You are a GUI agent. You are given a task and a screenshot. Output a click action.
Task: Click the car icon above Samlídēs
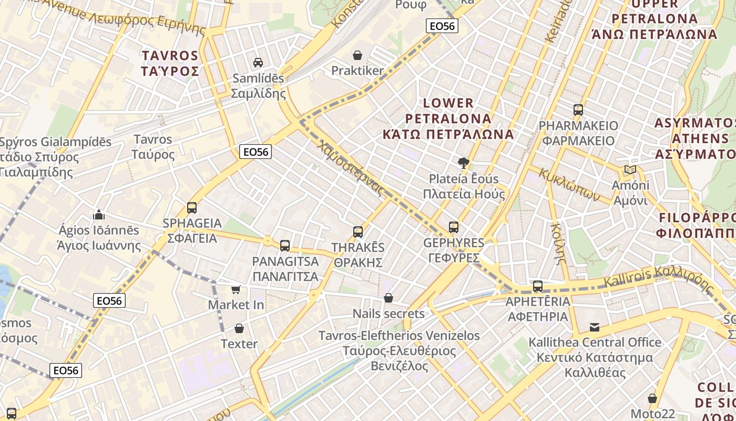pyautogui.click(x=258, y=63)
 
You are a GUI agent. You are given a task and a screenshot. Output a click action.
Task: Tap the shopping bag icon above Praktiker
pyautogui.click(x=357, y=55)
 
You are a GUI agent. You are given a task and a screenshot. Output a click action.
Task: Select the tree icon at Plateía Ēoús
pyautogui.click(x=463, y=163)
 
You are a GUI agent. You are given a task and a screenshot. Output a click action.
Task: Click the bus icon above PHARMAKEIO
pyautogui.click(x=578, y=110)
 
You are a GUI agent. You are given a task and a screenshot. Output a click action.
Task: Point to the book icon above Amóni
pyautogui.click(x=630, y=170)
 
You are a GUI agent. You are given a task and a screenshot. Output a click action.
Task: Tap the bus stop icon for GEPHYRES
pyautogui.click(x=454, y=227)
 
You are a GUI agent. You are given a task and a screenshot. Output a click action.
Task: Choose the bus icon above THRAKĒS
pyautogui.click(x=358, y=232)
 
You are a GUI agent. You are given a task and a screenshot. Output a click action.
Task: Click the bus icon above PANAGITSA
pyautogui.click(x=285, y=245)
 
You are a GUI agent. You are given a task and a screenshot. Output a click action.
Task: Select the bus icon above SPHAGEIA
pyautogui.click(x=192, y=208)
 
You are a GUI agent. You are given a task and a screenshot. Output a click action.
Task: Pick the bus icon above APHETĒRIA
pyautogui.click(x=537, y=286)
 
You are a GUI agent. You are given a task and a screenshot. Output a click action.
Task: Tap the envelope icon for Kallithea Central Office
pyautogui.click(x=595, y=327)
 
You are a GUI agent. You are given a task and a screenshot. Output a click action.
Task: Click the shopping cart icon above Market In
pyautogui.click(x=236, y=289)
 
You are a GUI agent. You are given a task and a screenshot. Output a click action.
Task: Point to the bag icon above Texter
pyautogui.click(x=239, y=329)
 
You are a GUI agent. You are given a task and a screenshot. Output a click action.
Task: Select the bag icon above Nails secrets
pyautogui.click(x=389, y=298)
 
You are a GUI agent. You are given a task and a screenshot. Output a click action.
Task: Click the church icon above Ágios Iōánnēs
pyautogui.click(x=98, y=215)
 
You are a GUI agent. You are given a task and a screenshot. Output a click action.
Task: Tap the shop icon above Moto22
pyautogui.click(x=652, y=398)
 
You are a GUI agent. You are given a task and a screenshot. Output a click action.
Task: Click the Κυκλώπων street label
pyautogui.click(x=569, y=185)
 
